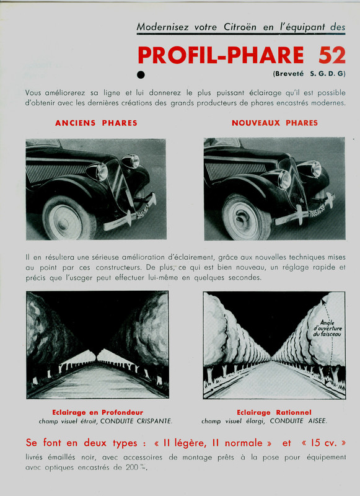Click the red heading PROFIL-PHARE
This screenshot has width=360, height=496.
(x=221, y=55)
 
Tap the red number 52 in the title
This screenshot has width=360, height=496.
(x=332, y=55)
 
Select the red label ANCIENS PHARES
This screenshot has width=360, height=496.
(x=96, y=123)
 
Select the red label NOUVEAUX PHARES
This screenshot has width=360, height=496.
(x=274, y=123)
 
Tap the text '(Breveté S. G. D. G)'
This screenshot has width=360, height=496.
(x=309, y=74)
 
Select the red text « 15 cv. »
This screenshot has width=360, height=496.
(x=323, y=444)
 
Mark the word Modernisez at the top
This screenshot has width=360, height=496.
(x=164, y=27)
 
